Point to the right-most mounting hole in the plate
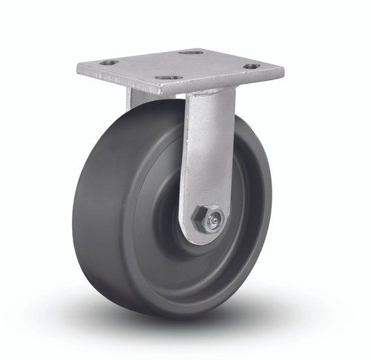coord(252,66)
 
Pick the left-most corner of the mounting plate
coord(78,68)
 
